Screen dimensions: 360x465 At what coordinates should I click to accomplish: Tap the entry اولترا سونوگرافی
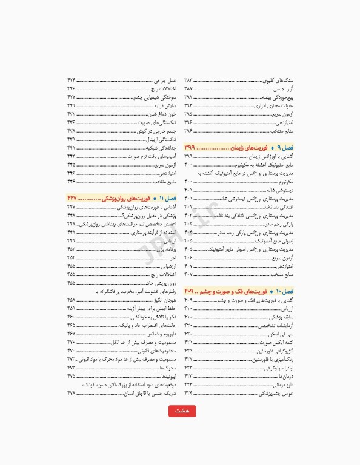tap(276, 368)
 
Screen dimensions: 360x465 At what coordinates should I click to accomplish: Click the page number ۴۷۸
tap(71, 393)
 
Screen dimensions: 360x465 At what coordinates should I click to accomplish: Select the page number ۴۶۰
tap(71, 317)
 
